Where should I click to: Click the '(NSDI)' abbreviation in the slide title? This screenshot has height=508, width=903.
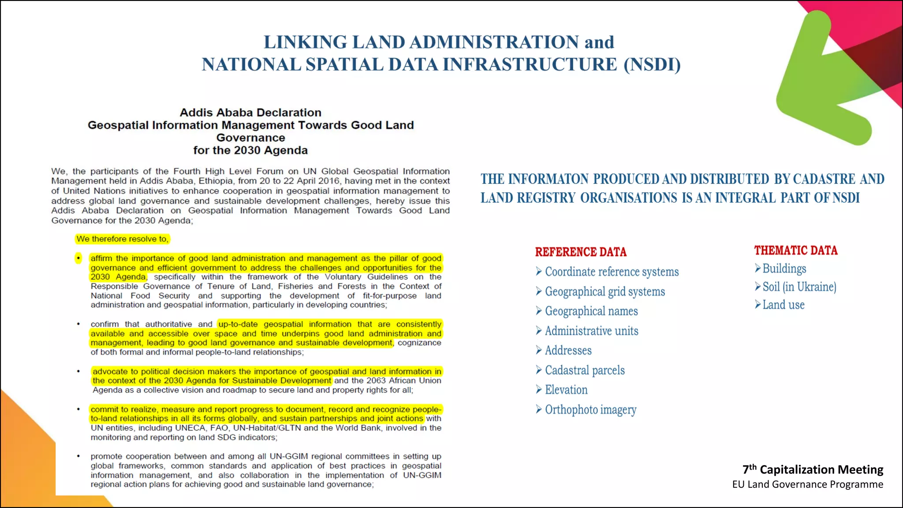pos(652,64)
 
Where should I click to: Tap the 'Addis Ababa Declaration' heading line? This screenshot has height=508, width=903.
pos(250,112)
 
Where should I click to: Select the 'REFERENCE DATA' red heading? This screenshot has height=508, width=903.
pos(581,252)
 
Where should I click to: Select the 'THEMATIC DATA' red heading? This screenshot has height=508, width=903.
pos(795,250)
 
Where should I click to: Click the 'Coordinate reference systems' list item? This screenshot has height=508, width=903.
pos(612,272)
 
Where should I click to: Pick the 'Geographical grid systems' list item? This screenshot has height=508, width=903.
pos(604,291)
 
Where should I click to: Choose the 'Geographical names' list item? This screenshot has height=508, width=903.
pos(591,311)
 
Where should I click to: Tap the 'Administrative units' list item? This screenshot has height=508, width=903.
pos(591,331)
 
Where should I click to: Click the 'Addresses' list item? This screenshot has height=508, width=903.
pos(568,351)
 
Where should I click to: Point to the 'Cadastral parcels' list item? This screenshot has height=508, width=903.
pos(585,370)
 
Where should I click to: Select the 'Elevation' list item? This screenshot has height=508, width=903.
pos(566,390)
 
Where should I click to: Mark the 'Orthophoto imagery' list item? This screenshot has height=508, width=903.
pos(590,410)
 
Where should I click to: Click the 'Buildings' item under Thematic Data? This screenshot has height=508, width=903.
pos(784,269)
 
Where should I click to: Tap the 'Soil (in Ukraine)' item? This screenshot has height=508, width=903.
pos(799,287)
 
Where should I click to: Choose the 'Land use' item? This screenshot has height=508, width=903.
pos(783,305)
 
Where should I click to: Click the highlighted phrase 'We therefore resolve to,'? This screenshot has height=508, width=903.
pos(122,239)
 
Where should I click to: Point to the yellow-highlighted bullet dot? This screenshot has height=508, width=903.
pos(78,258)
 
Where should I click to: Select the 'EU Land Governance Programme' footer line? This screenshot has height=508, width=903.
pos(807,484)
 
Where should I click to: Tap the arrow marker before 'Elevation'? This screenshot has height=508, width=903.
pos(539,389)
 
